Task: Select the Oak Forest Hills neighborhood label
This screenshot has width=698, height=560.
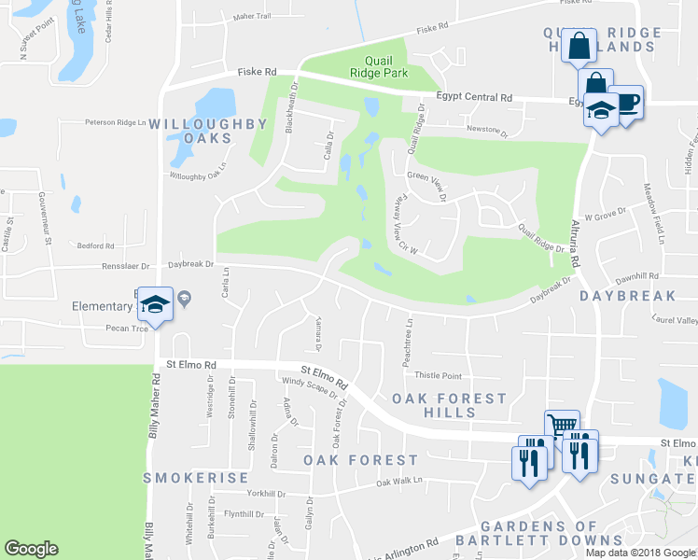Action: tap(450, 405)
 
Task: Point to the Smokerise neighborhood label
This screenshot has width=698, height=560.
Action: tap(186, 478)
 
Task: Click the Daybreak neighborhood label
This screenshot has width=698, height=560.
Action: tap(626, 295)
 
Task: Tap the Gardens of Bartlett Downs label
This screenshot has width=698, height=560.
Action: tap(538, 533)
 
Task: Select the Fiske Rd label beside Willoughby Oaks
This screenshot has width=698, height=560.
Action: tap(258, 71)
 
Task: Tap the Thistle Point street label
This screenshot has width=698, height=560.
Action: tap(438, 375)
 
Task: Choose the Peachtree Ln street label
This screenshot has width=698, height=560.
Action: tap(409, 337)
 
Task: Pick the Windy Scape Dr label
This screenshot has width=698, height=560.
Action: tap(311, 386)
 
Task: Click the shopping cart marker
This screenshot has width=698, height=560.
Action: tap(562, 426)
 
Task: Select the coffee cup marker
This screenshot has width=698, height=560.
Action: tap(626, 101)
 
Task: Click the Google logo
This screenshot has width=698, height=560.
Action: tap(31, 549)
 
